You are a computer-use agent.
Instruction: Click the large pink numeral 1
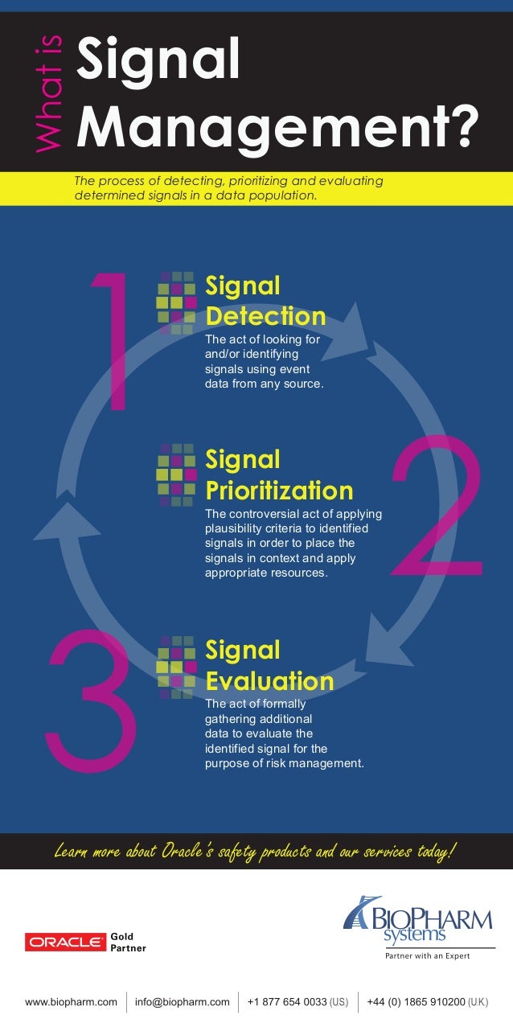113,341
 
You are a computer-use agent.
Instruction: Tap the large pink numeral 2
438,507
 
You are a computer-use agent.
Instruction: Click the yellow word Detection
265,315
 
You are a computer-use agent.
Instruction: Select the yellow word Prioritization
279,490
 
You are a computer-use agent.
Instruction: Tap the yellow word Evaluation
269,680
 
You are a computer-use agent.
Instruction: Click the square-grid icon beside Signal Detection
176,302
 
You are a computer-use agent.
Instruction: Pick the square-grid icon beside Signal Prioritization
176,475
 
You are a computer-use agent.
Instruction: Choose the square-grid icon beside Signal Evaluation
176,667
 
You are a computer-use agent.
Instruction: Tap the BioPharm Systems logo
417,920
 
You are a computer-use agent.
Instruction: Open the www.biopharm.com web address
72,1002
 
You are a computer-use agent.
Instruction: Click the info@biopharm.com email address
183,1002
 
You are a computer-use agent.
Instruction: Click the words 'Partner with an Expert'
424,956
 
